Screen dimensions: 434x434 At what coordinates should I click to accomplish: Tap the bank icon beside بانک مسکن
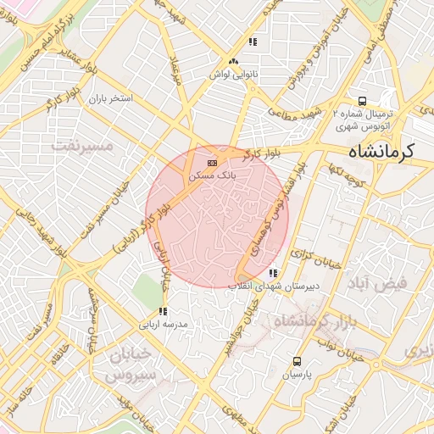(x=211, y=162)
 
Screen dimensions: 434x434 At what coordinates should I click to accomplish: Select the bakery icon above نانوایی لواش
(x=233, y=61)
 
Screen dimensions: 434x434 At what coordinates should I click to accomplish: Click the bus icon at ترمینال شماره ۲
(x=363, y=99)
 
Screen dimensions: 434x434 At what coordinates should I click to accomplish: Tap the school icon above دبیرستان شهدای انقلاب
(x=272, y=273)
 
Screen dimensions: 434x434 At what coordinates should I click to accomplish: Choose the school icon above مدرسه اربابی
(x=163, y=311)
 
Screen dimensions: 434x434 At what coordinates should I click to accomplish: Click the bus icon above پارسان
(x=297, y=361)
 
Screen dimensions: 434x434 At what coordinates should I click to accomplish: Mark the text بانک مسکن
(x=211, y=175)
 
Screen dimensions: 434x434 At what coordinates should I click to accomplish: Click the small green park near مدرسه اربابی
(x=145, y=292)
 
